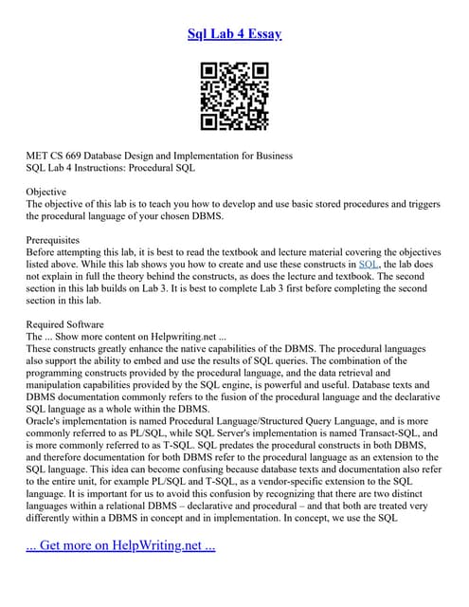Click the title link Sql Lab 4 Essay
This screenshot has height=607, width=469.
(x=234, y=34)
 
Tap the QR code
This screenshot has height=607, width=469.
(x=234, y=97)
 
